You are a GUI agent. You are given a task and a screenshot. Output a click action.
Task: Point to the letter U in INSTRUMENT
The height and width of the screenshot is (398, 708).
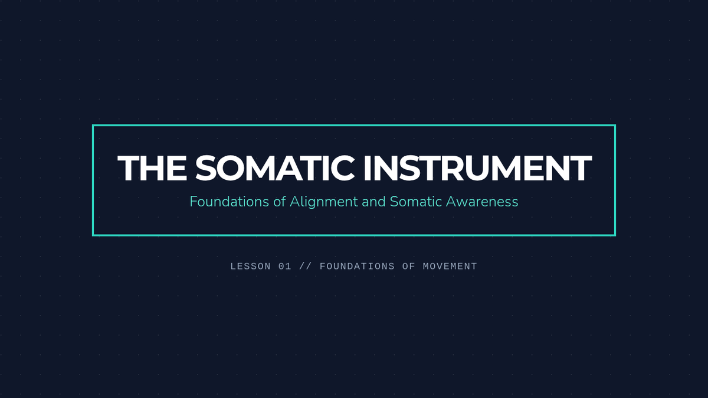click(480, 168)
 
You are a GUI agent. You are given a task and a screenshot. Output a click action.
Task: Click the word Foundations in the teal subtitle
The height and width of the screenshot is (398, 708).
click(229, 202)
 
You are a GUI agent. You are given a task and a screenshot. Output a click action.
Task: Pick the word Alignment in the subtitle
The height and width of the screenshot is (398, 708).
click(324, 202)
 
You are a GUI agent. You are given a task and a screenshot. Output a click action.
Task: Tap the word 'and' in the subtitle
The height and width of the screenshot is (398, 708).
click(373, 202)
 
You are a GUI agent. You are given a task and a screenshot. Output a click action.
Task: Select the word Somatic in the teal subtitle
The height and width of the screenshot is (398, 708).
click(415, 202)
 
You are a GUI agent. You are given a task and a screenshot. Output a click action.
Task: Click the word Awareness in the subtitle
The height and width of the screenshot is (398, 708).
click(482, 202)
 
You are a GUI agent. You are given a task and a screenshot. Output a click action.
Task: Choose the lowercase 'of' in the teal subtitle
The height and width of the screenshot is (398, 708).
click(280, 202)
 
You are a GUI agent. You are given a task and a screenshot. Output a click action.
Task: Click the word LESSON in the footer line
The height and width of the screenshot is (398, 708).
click(250, 267)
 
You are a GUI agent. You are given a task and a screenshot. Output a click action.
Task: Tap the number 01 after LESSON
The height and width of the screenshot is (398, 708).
click(285, 267)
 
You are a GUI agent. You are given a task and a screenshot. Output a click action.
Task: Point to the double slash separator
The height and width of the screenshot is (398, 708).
click(306, 267)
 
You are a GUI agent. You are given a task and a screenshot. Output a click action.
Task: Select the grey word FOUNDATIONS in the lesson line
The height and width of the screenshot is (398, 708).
click(357, 267)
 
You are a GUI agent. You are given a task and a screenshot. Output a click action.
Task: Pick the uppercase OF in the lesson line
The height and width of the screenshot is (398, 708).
click(409, 267)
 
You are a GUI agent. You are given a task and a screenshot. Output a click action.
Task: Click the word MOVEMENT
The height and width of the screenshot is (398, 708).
click(450, 267)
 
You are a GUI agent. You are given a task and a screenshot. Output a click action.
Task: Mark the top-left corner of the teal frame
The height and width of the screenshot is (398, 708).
click(93, 126)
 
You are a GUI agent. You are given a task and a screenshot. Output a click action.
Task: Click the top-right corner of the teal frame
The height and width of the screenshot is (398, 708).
click(615, 126)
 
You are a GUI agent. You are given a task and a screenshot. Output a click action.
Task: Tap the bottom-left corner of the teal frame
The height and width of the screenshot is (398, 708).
click(93, 235)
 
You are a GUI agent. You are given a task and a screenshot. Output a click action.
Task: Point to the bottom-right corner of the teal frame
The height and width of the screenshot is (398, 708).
click(615, 235)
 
